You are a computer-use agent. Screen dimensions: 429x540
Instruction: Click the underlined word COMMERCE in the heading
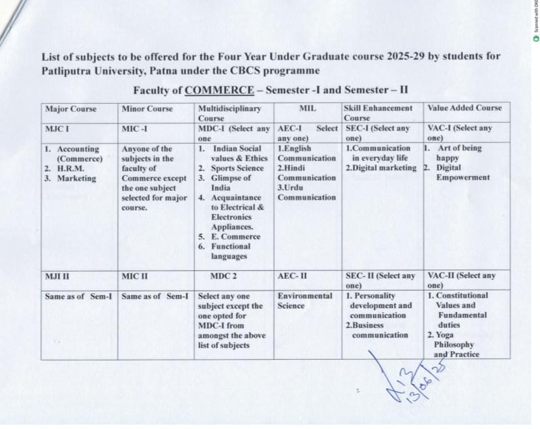220,90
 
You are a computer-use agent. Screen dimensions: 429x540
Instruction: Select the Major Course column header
70,108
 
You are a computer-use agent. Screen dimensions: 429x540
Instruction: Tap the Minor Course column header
147,108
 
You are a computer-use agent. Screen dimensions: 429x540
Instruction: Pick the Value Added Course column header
464,108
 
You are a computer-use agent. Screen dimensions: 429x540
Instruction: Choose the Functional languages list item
230,251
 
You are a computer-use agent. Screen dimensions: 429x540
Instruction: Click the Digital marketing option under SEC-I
383,168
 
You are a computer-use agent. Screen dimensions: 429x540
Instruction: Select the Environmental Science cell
305,300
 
